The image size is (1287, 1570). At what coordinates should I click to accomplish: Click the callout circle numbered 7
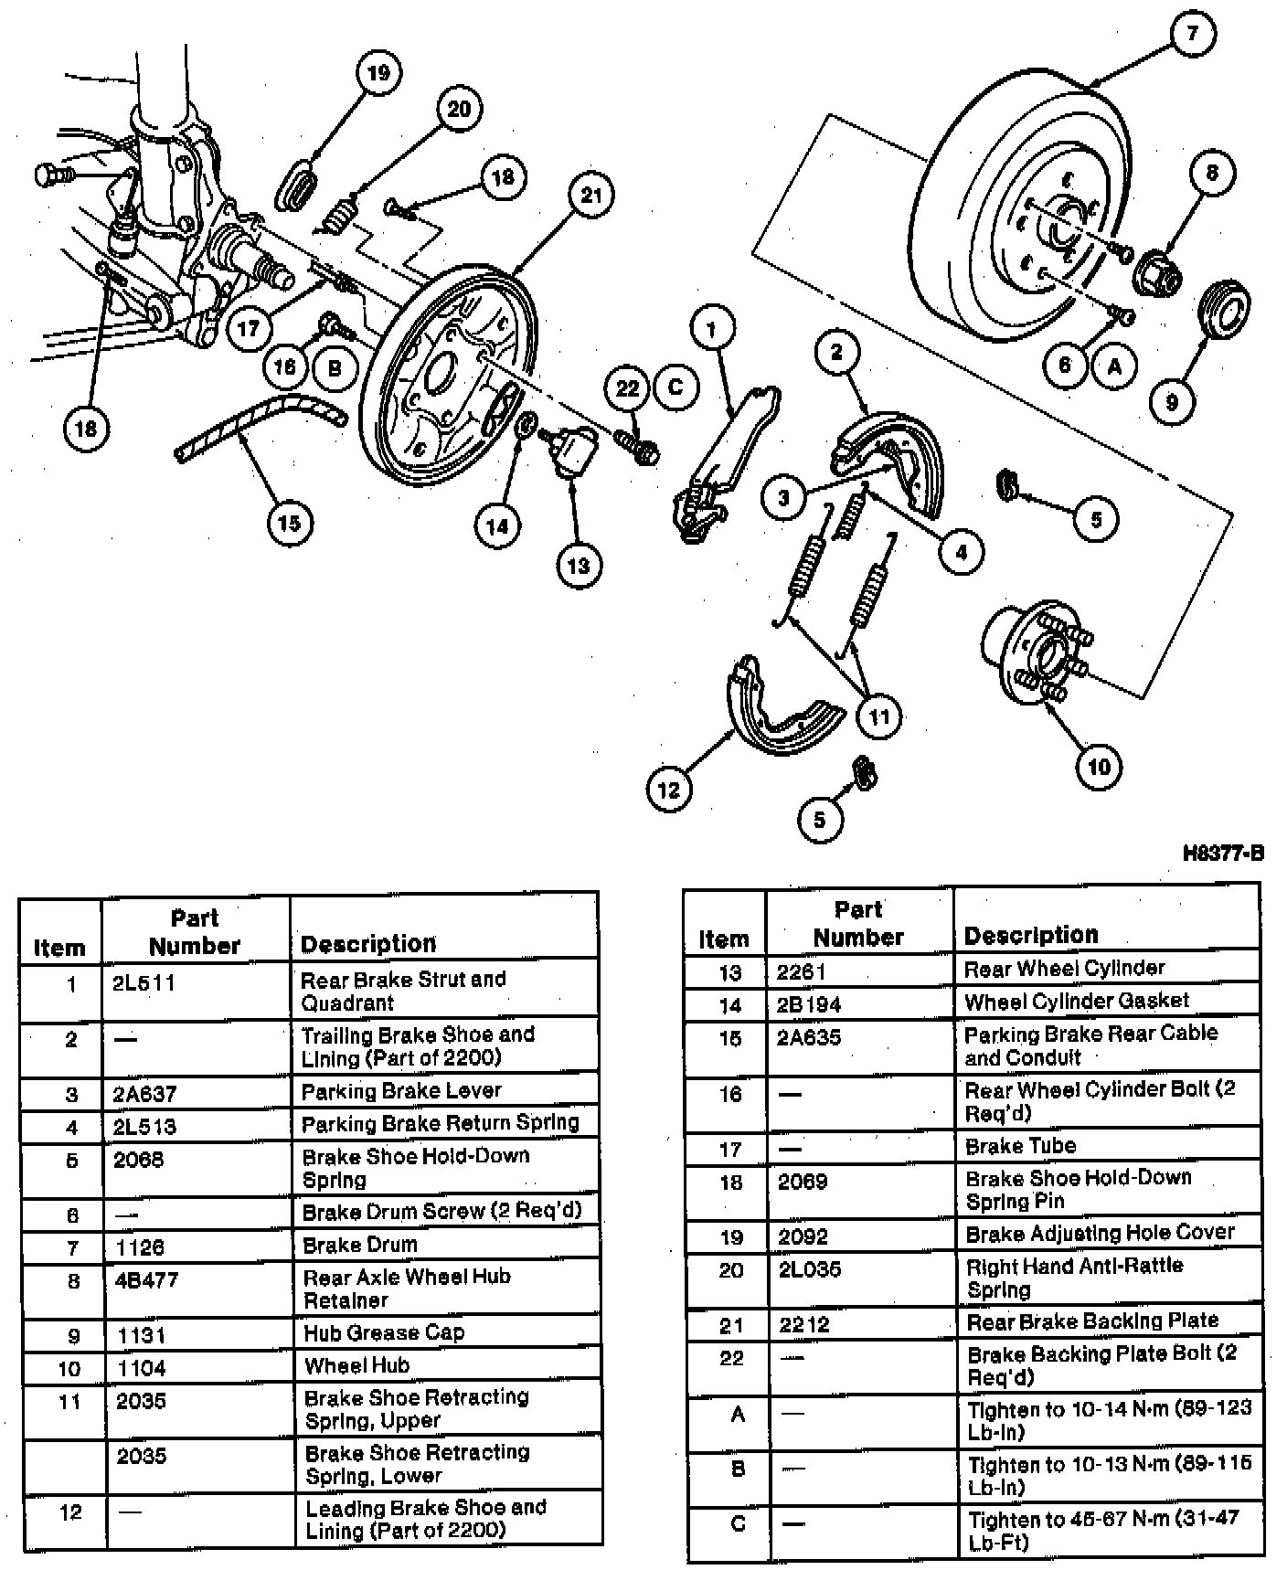coord(1192,34)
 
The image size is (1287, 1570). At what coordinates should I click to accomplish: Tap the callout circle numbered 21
coord(591,195)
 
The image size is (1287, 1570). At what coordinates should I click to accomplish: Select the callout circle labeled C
coord(675,387)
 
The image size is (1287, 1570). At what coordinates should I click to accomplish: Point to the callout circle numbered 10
coord(1099,766)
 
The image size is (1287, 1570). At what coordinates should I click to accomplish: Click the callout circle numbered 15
coord(289,523)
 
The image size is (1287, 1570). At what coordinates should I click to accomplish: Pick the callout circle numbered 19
coord(378,73)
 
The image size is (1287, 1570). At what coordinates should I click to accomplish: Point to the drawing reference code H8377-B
coord(1223,854)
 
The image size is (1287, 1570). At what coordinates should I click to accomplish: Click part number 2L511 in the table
coord(144,983)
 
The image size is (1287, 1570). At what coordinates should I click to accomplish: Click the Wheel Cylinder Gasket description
coord(1076,1002)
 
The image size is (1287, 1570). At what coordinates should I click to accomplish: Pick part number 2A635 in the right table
coord(809,1038)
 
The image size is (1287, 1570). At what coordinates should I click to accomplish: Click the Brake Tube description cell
coord(1020,1146)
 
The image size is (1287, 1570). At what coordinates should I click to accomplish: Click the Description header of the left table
coord(368,944)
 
